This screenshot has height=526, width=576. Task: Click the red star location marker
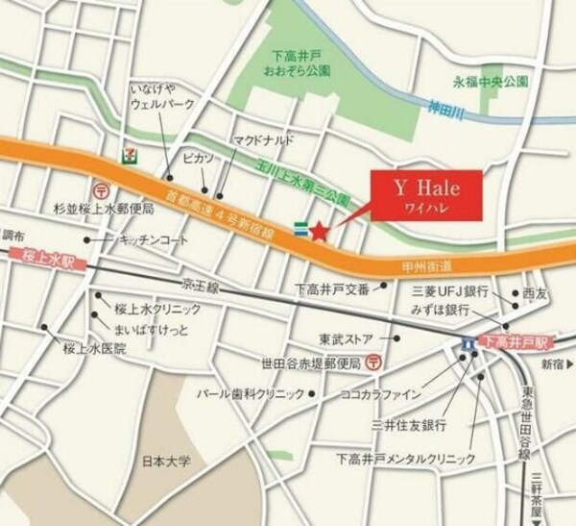click(x=320, y=230)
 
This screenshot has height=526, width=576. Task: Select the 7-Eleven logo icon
click(x=129, y=153)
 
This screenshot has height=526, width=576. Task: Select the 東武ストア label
click(x=353, y=339)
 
